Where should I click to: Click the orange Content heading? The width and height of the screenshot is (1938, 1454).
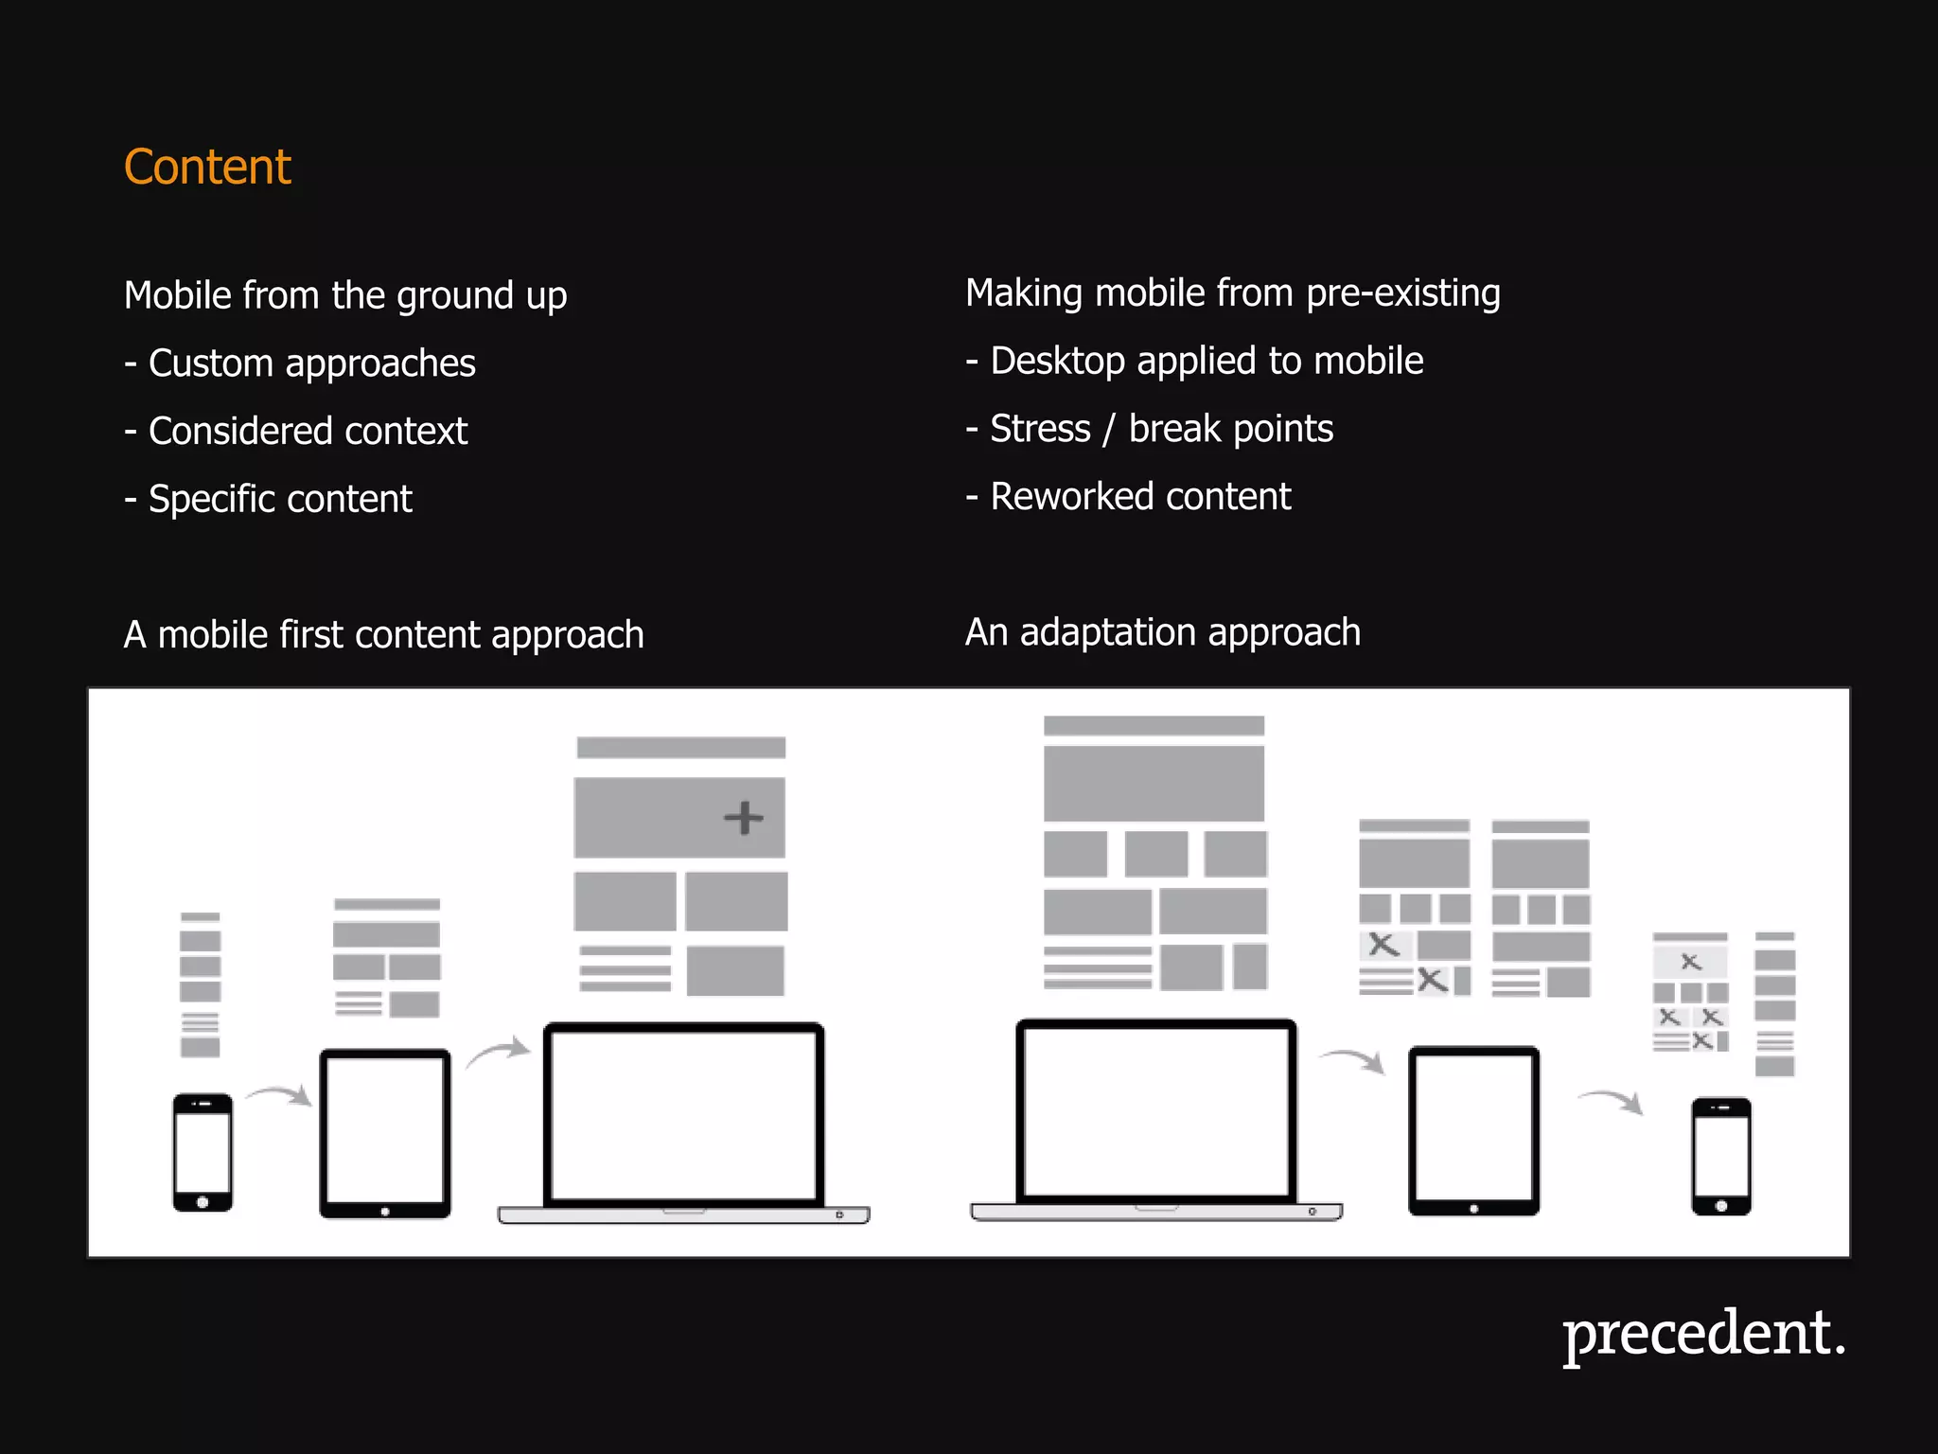click(x=207, y=168)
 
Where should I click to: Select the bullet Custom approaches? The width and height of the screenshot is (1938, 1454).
click(x=300, y=364)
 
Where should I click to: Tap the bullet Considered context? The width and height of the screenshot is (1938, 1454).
click(x=296, y=432)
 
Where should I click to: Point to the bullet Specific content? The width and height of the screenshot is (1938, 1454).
click(x=269, y=500)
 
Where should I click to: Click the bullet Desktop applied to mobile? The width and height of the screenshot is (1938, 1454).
click(x=1194, y=362)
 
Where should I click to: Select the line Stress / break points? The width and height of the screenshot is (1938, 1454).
click(x=1150, y=430)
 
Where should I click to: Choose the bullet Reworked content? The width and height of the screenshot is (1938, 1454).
click(x=1128, y=497)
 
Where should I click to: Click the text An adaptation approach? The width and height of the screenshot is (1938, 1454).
click(x=1162, y=632)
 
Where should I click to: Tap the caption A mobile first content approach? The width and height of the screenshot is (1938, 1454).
click(x=383, y=635)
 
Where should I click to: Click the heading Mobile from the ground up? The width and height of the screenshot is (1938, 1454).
click(x=345, y=296)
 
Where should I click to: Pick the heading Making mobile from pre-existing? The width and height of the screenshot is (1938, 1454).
click(x=1232, y=293)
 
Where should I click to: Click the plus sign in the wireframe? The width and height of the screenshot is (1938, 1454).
click(x=744, y=818)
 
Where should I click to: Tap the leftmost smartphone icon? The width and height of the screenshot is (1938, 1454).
click(x=203, y=1152)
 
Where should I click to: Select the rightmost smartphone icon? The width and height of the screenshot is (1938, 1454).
click(x=1720, y=1156)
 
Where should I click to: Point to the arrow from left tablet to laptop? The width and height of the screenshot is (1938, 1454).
click(x=498, y=1052)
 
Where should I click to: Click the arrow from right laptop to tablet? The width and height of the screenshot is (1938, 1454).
click(x=1353, y=1058)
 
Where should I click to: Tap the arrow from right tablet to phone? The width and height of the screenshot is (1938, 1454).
click(x=1611, y=1100)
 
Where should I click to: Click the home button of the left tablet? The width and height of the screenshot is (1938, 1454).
click(x=385, y=1211)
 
